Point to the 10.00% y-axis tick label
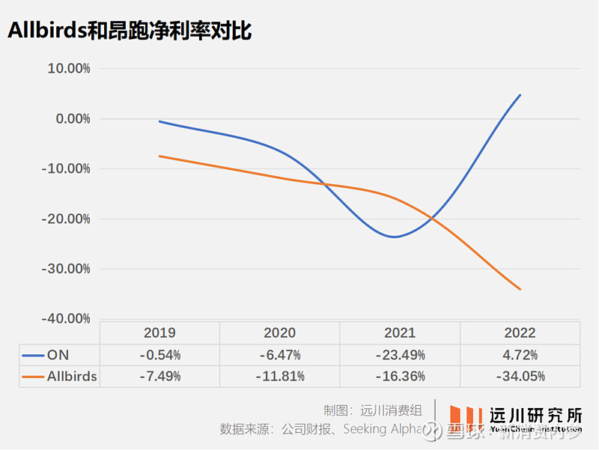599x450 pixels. click(68, 69)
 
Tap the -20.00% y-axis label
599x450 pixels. click(66, 219)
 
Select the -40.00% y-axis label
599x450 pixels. click(66, 319)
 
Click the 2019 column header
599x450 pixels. click(159, 333)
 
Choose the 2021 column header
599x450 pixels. click(400, 333)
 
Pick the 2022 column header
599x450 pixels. click(520, 333)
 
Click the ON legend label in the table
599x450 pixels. click(58, 355)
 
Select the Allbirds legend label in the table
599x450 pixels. click(72, 377)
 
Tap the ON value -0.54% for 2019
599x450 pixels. click(159, 355)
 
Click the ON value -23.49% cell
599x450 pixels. click(400, 355)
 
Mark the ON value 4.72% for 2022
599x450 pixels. click(520, 355)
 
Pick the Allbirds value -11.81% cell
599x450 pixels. click(279, 377)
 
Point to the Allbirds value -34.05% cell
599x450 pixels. click(520, 377)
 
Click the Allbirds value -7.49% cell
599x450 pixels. click(159, 377)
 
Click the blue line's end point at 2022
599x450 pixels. click(520, 95)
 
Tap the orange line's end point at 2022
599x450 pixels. click(520, 289)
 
